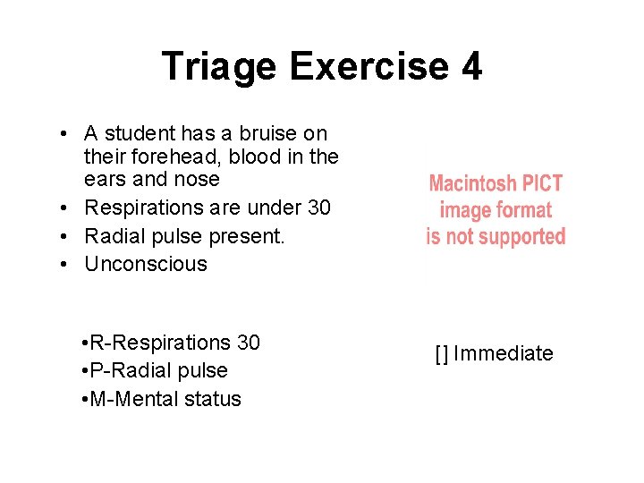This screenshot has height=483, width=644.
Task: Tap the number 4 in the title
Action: (471, 67)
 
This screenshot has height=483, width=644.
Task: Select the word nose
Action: (199, 179)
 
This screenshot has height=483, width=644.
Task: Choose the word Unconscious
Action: (146, 264)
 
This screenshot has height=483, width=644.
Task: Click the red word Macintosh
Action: (470, 184)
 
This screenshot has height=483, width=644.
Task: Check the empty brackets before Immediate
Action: (442, 353)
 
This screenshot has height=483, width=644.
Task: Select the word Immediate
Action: (503, 353)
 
